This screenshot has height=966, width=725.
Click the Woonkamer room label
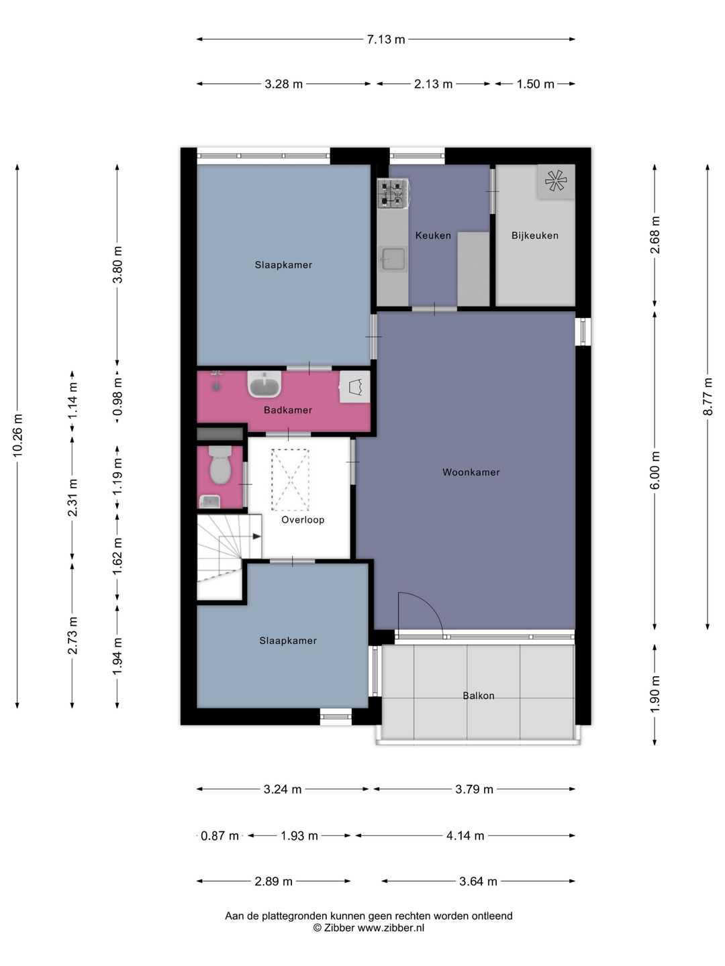471,472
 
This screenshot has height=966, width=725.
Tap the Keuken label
433,235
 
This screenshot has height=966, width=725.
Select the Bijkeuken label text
534,235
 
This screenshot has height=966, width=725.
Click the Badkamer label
287,410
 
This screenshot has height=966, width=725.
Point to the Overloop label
302,520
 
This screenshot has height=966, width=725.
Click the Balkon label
478,696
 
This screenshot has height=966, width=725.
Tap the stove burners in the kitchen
392,192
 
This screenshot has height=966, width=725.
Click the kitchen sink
392,259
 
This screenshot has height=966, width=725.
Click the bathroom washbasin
264,385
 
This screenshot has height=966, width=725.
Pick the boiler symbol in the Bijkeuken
556,180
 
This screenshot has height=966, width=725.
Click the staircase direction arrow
255,536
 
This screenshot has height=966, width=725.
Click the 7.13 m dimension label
385,40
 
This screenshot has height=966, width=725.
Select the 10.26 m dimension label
17,435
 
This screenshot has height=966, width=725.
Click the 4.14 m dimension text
465,836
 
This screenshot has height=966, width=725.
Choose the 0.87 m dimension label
220,836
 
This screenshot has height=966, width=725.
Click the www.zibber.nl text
391,928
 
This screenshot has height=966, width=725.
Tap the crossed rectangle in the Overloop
290,480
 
